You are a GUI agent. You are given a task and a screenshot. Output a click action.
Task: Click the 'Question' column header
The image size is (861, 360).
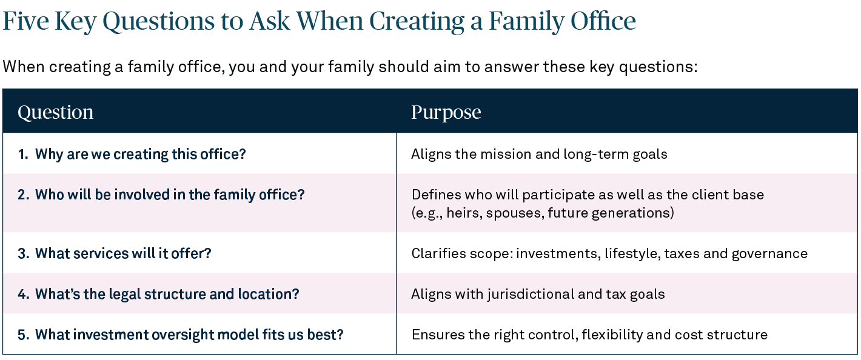[x=55, y=112]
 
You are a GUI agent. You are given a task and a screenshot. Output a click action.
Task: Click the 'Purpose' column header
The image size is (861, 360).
[x=446, y=112]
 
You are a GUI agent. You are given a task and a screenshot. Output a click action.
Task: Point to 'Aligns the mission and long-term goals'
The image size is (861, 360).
[x=539, y=154]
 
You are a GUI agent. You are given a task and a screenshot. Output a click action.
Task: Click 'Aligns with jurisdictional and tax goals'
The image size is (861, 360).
[x=538, y=294]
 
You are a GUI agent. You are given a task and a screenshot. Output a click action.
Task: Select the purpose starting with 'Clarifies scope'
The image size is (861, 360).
[x=609, y=253]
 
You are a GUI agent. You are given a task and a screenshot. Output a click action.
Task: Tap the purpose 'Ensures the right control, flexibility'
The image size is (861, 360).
[x=589, y=335]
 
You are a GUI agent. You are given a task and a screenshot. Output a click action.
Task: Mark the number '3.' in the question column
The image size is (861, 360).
[x=24, y=253]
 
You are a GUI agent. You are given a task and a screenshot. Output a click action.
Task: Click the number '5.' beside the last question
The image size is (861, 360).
[x=24, y=335]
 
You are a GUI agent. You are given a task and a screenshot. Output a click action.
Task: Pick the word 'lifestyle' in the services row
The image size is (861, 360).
[x=631, y=253]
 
